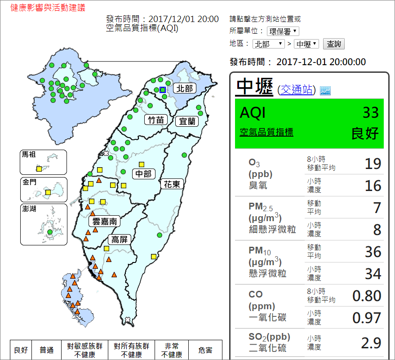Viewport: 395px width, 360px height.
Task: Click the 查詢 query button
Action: coord(333,44)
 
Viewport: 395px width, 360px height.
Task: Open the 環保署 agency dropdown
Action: coord(283,31)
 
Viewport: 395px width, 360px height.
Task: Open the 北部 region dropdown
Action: coord(268,44)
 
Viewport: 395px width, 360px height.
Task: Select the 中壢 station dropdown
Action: coord(306,44)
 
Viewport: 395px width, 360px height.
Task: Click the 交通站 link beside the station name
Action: coord(297,90)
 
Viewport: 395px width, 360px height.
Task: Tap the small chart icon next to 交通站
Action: coord(325,90)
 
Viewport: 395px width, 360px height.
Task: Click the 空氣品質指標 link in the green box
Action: coord(266,132)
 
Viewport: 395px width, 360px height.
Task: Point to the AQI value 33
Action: coord(371,113)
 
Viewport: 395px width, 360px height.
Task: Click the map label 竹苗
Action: coord(156,120)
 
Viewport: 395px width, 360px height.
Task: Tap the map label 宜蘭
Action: coord(186,121)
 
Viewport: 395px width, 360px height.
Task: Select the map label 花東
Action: coord(172,183)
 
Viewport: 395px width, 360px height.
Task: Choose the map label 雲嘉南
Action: coord(105,221)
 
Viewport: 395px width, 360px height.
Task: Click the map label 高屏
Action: coord(120,240)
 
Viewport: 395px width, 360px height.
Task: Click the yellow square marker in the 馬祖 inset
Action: coord(39,169)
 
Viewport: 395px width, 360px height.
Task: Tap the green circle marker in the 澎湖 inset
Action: coord(49,232)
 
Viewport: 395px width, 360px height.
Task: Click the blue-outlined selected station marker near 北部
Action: coord(163,89)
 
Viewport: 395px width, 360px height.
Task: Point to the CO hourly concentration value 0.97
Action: coord(367,318)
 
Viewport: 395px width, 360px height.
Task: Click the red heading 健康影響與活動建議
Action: coord(48,8)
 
